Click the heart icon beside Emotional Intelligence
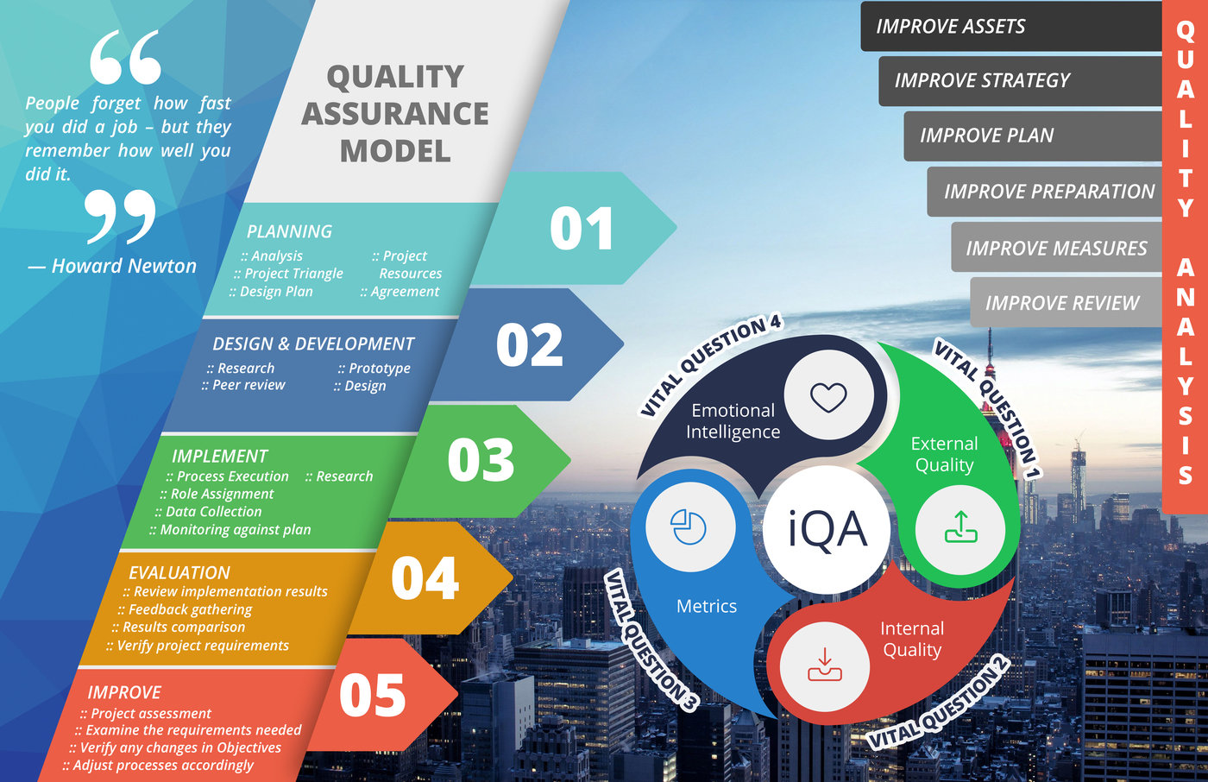click(x=828, y=397)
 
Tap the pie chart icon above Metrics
click(x=689, y=527)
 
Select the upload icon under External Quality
click(x=960, y=527)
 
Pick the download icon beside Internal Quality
click(x=825, y=665)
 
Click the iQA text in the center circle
click(x=827, y=530)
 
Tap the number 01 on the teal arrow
click(x=582, y=229)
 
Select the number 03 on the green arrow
click(x=481, y=459)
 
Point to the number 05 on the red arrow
click(x=372, y=695)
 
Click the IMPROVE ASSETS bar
click(x=1011, y=27)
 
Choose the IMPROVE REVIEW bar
click(x=1066, y=303)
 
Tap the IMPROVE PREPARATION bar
click(x=1045, y=192)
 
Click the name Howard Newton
click(x=124, y=266)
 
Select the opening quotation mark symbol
click(x=125, y=57)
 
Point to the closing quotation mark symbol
click(x=120, y=217)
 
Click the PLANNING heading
click(x=289, y=231)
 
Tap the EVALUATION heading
click(x=179, y=572)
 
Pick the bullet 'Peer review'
click(x=243, y=385)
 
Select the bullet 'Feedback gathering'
click(x=185, y=610)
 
